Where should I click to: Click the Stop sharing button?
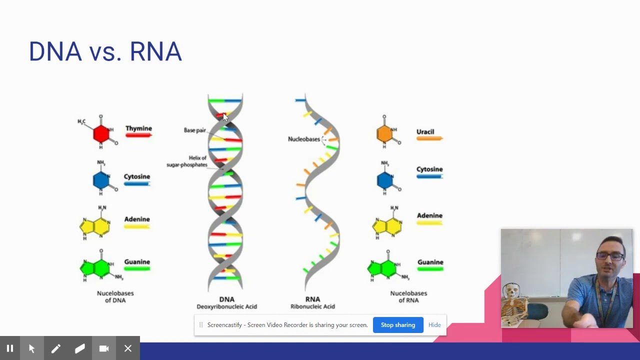pyautogui.click(x=398, y=325)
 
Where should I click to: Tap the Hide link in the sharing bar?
pyautogui.click(x=434, y=325)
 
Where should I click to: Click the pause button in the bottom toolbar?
pyautogui.click(x=10, y=348)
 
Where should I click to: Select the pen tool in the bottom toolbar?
pyautogui.click(x=55, y=348)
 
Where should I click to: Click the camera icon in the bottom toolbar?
pyautogui.click(x=104, y=348)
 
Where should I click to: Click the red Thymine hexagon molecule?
pyautogui.click(x=101, y=133)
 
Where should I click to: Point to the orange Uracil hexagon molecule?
pyautogui.click(x=384, y=133)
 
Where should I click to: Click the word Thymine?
pyautogui.click(x=138, y=128)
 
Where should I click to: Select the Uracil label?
pyautogui.click(x=425, y=132)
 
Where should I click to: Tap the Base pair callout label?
pyautogui.click(x=194, y=130)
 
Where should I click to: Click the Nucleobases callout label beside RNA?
pyautogui.click(x=303, y=139)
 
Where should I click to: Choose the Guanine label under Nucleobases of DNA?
pyautogui.click(x=137, y=262)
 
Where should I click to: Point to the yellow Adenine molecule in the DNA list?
pyautogui.click(x=95, y=226)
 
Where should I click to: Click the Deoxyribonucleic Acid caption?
pyautogui.click(x=226, y=306)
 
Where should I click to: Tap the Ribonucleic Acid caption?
pyautogui.click(x=312, y=306)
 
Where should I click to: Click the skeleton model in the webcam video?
pyautogui.click(x=513, y=300)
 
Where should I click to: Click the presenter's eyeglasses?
pyautogui.click(x=610, y=256)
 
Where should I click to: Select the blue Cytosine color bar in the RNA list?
pyautogui.click(x=429, y=176)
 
